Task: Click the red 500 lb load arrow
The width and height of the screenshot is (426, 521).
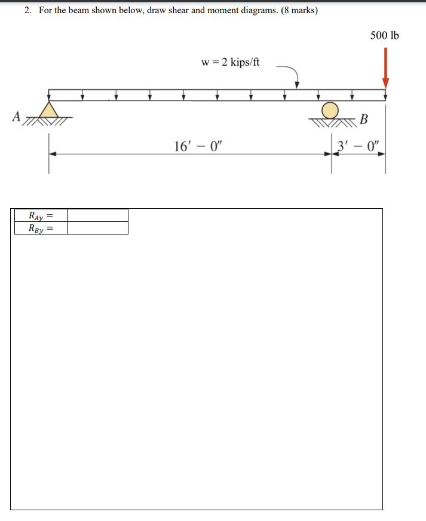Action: (x=385, y=66)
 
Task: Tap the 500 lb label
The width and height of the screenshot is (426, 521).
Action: (x=384, y=35)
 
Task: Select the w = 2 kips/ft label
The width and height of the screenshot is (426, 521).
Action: (x=231, y=62)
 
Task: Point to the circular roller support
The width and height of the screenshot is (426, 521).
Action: (x=330, y=110)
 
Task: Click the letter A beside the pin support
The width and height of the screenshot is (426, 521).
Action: (x=16, y=115)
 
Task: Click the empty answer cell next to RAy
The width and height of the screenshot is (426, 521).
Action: (x=97, y=215)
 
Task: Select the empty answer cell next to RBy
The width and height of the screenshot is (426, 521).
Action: (x=97, y=228)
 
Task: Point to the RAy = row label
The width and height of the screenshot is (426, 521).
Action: (x=41, y=215)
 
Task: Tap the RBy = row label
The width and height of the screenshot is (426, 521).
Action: (x=41, y=228)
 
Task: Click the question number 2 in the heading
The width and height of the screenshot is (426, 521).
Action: (x=28, y=11)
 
